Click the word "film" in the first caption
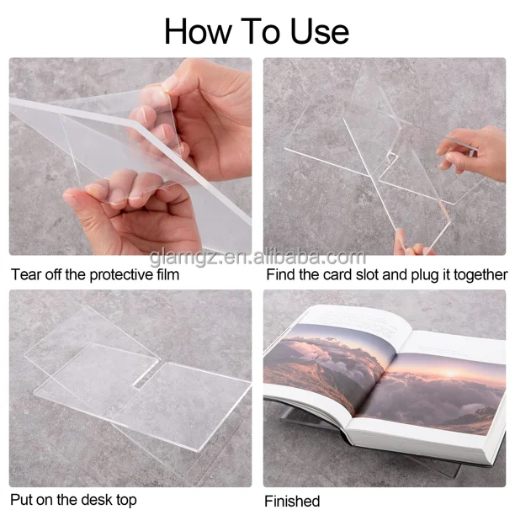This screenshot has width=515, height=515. (x=167, y=274)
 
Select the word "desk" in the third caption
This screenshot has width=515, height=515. (x=98, y=500)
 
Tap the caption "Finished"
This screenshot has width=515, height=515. (x=292, y=502)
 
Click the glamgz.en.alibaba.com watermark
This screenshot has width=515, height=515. (x=257, y=257)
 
